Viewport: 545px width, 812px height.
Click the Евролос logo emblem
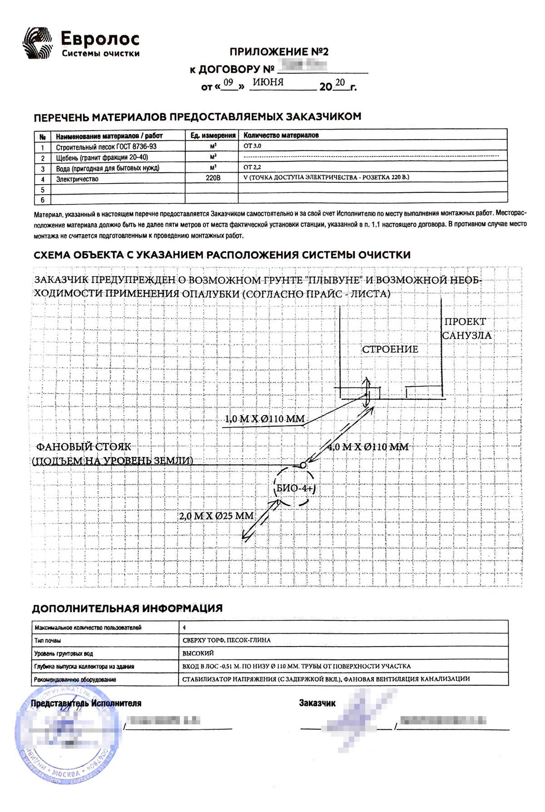point(38,43)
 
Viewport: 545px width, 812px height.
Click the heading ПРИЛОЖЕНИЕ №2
point(279,52)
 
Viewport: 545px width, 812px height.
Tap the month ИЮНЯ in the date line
point(268,82)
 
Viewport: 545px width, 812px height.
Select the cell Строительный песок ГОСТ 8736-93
point(106,147)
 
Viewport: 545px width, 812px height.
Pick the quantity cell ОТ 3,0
point(253,146)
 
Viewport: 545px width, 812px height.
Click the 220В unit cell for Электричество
point(212,179)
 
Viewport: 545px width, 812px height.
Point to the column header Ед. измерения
point(212,135)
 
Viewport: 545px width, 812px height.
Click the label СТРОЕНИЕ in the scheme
point(390,349)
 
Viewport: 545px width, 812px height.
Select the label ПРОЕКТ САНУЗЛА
point(466,329)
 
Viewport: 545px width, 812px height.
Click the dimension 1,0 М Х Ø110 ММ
point(265,419)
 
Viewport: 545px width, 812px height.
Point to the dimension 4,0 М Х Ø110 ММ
point(368,447)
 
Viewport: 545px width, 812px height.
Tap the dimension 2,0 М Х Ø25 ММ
point(216,516)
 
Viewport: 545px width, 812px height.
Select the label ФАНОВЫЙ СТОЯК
point(83,447)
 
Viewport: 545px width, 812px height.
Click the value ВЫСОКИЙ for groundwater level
point(198,653)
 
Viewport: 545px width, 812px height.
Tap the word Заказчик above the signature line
point(317,703)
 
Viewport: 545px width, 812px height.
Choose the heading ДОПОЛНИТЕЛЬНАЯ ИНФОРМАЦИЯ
point(127,608)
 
